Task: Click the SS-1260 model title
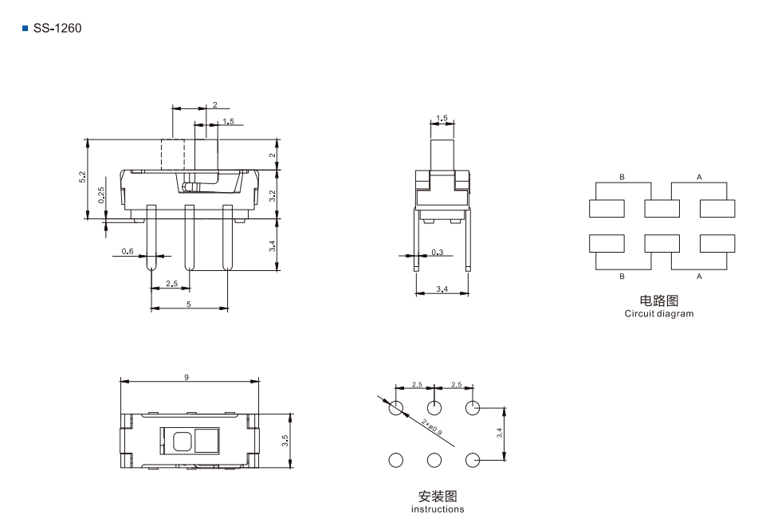57,28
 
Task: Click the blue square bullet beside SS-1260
26,29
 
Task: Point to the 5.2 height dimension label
83,177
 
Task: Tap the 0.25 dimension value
101,195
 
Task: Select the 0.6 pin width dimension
128,251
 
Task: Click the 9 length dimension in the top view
187,377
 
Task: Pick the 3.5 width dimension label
285,441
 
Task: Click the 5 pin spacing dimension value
189,304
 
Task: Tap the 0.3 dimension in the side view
437,252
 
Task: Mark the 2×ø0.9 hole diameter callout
431,427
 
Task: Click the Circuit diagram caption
659,313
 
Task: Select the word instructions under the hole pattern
438,509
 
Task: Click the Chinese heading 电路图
659,300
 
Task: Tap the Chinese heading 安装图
438,497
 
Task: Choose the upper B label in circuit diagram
623,177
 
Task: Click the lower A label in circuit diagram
699,277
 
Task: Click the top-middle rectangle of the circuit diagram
662,209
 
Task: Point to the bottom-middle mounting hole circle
434,460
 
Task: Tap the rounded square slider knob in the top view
182,441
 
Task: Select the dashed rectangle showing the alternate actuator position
173,155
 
